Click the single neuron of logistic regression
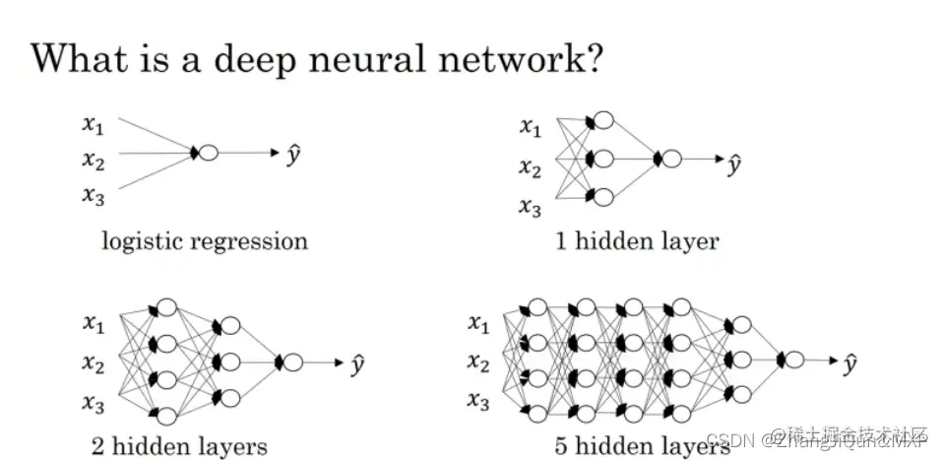click(x=208, y=153)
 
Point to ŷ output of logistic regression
click(x=292, y=154)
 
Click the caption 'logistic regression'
click(x=205, y=240)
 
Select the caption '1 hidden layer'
click(x=637, y=240)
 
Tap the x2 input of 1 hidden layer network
click(x=531, y=167)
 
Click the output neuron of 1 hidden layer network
click(x=671, y=159)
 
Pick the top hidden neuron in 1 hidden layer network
click(x=603, y=120)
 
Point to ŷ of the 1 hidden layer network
click(x=733, y=161)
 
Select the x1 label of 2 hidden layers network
click(x=93, y=323)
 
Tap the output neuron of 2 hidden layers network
click(x=292, y=362)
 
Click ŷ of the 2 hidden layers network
click(x=359, y=364)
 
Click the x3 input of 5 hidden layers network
click(x=477, y=401)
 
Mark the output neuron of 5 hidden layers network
click(x=793, y=361)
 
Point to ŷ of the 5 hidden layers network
click(x=849, y=363)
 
